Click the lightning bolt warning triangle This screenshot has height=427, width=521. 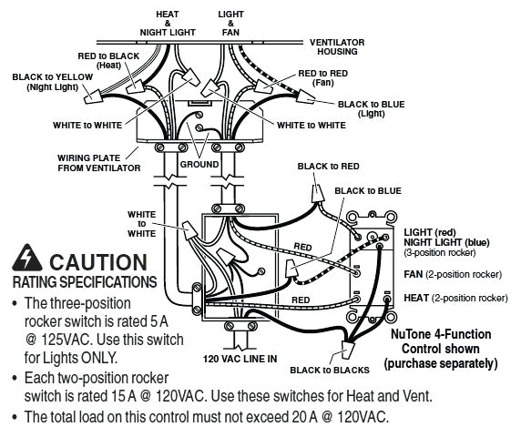[x=27, y=258]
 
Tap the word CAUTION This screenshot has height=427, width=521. [x=98, y=262]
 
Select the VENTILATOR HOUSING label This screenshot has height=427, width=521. [x=337, y=47]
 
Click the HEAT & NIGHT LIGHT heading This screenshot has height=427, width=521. [x=168, y=24]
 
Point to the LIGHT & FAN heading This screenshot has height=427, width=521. [x=231, y=24]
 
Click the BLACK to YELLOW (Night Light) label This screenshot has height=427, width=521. [x=53, y=82]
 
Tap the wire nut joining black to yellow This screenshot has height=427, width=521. [x=92, y=96]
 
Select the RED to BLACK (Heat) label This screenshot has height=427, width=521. [x=108, y=60]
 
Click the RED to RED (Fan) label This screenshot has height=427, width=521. [x=323, y=77]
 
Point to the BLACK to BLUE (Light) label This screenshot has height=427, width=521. [x=371, y=109]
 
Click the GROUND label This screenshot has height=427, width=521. [x=199, y=165]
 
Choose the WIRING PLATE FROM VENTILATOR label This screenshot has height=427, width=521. [x=99, y=163]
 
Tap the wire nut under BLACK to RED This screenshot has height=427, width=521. [x=318, y=194]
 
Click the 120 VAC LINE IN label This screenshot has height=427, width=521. [x=240, y=359]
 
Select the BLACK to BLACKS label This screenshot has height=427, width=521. [x=330, y=371]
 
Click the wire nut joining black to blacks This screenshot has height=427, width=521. [x=348, y=350]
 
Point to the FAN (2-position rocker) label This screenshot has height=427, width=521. [x=453, y=275]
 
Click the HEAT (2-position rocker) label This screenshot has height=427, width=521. [x=455, y=298]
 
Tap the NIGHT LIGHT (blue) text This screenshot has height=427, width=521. [x=446, y=242]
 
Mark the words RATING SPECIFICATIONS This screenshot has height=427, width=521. [x=85, y=282]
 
